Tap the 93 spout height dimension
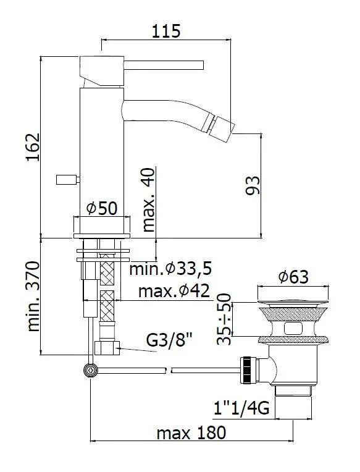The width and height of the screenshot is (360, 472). pos(253,185)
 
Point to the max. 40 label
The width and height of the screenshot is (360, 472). pos(149,199)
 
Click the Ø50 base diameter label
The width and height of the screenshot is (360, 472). pos(103,209)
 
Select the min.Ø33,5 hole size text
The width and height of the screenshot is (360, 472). pos(170,269)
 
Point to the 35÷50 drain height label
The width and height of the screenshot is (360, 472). pos(227,319)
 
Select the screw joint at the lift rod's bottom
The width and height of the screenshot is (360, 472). pos(91,369)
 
